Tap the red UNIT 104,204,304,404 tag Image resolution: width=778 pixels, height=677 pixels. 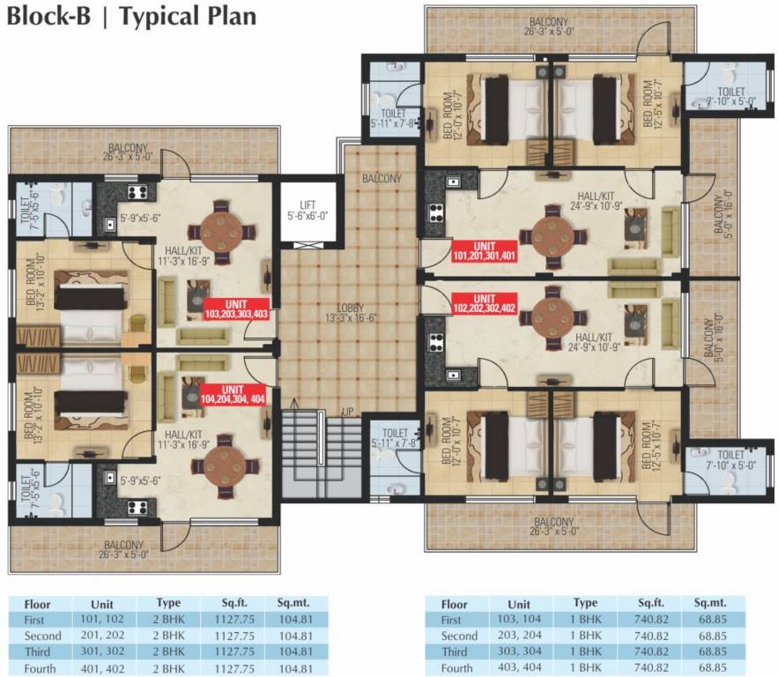(x=233, y=393)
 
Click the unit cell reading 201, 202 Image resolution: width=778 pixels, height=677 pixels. (x=104, y=636)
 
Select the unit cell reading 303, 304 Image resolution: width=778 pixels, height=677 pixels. (x=520, y=651)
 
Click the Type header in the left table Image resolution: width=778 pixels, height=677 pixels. (x=168, y=604)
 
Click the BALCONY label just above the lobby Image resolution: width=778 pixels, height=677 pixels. (x=380, y=179)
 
